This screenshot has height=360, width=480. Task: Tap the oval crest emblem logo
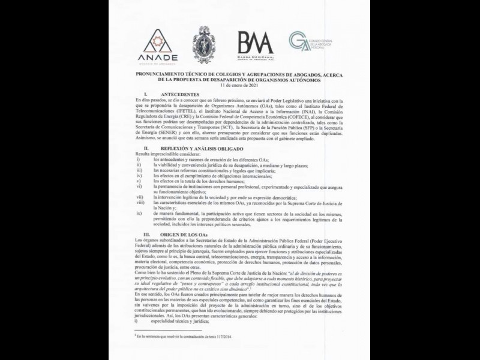click(204, 44)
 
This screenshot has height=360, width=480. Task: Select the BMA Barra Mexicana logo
click(256, 44)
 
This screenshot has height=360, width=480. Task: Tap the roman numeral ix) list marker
click(139, 213)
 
